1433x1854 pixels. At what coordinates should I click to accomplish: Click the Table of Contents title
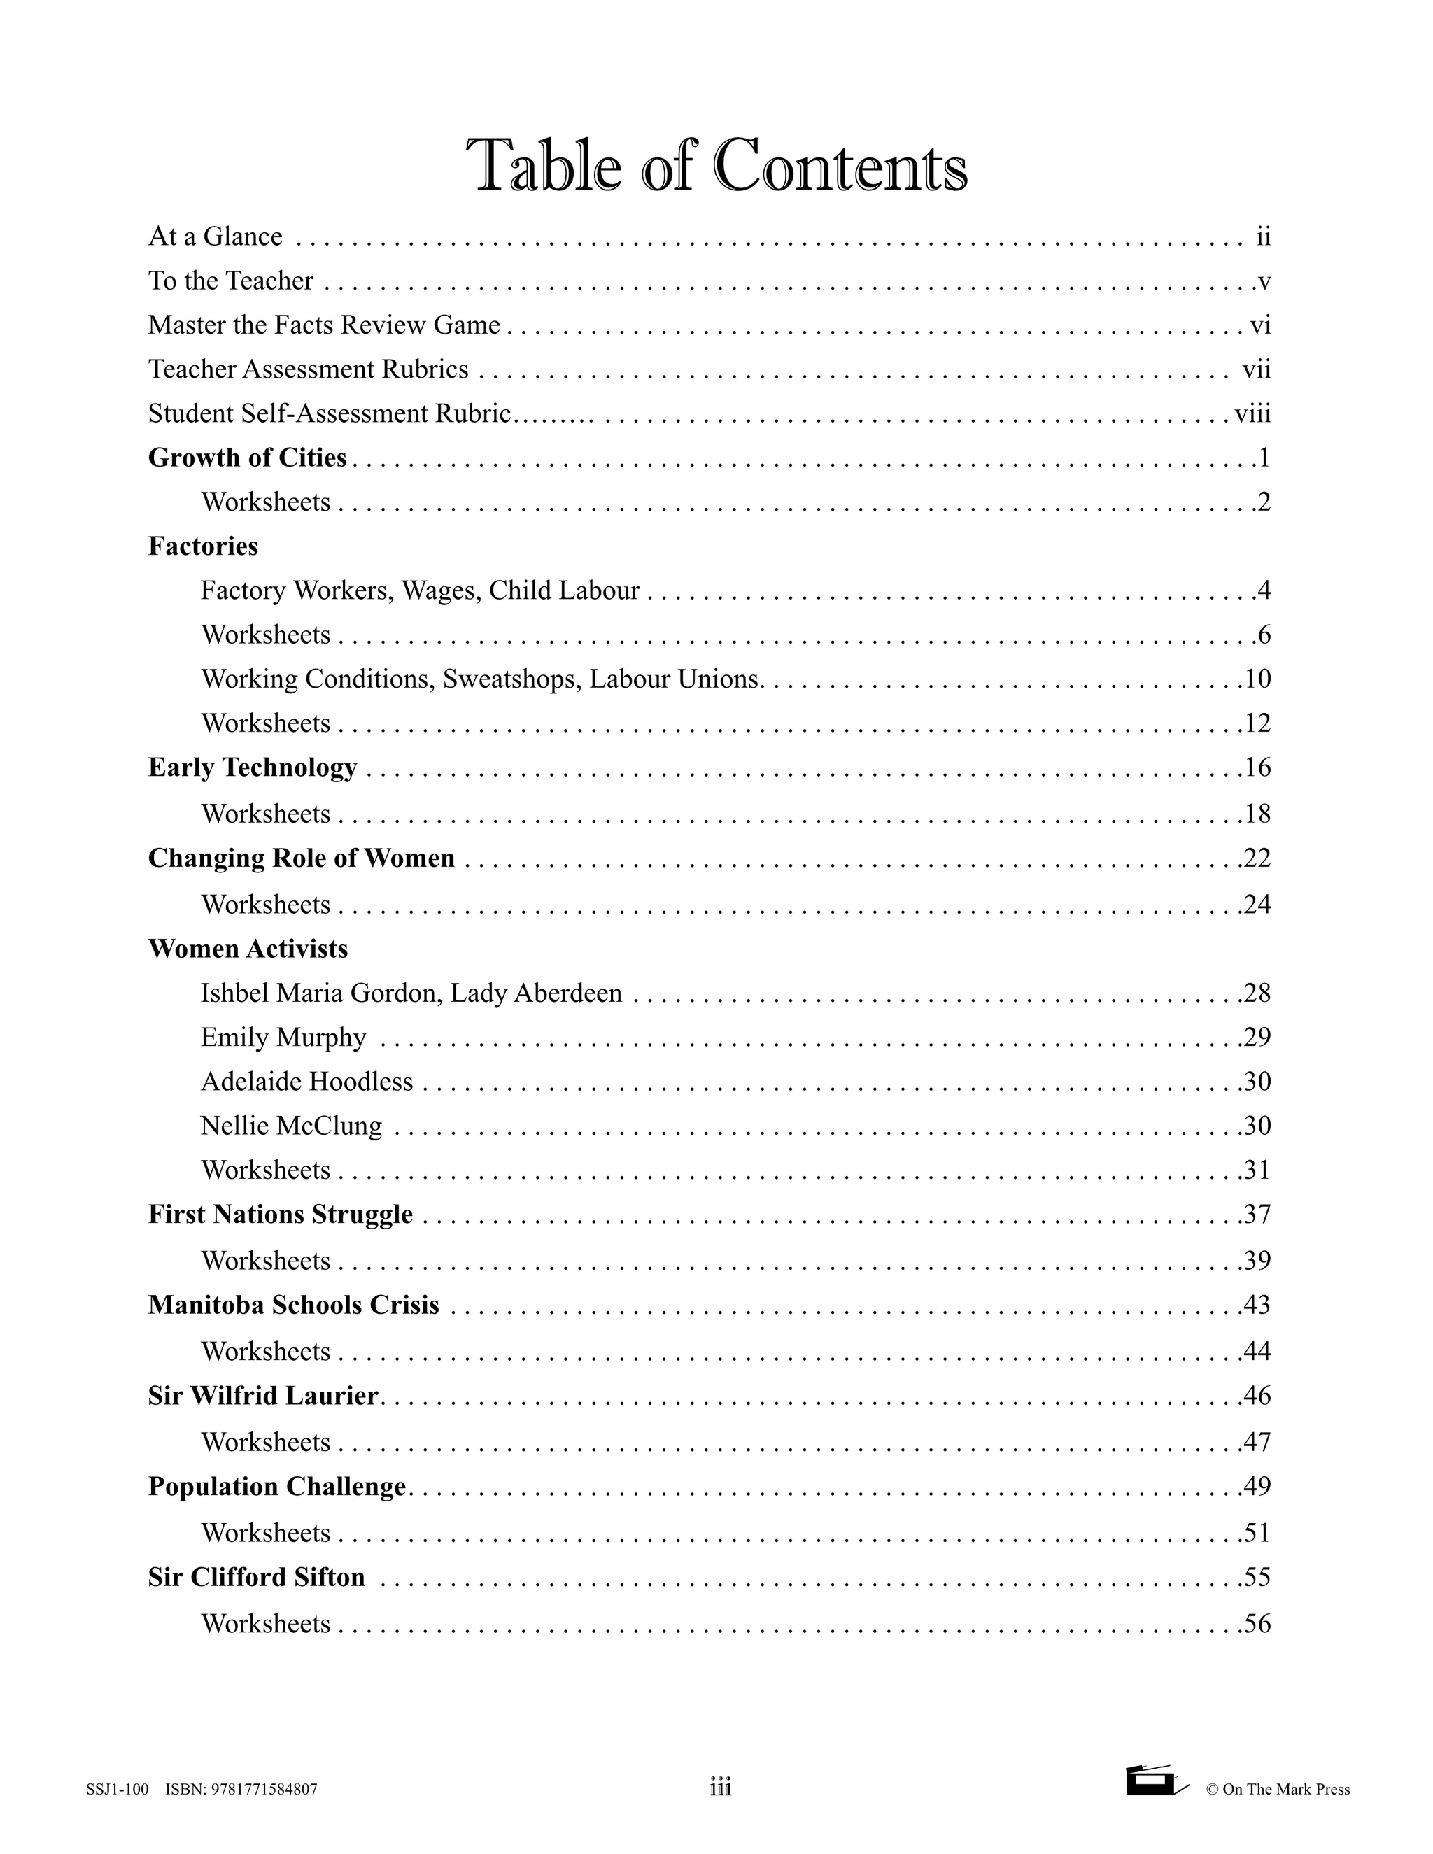(x=716, y=167)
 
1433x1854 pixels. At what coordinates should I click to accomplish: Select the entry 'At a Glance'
(x=216, y=236)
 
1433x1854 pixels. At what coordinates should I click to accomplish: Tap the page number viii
(x=1252, y=413)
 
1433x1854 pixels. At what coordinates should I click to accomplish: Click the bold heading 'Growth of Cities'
(x=247, y=458)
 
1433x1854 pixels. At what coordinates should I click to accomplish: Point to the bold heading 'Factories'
(x=203, y=546)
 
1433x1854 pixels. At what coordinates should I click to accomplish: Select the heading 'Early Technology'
(x=252, y=767)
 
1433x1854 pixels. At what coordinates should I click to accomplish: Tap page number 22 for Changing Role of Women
(x=1257, y=858)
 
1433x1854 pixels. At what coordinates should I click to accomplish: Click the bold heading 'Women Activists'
(x=248, y=948)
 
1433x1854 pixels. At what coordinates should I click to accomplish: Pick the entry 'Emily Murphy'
(x=283, y=1038)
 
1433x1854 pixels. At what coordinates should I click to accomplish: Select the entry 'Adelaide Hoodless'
(x=306, y=1082)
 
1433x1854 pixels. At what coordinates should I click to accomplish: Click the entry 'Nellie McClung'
(x=291, y=1126)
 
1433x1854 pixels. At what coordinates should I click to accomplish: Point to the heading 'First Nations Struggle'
(x=280, y=1214)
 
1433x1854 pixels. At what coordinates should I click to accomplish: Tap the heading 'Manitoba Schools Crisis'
(x=294, y=1305)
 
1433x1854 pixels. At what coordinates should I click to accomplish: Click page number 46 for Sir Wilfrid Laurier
(x=1257, y=1396)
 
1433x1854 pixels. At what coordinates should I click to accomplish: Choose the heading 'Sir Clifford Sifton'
(x=256, y=1577)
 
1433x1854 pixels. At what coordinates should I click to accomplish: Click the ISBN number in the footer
(x=242, y=1790)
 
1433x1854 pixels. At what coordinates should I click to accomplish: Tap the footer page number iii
(x=720, y=1789)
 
